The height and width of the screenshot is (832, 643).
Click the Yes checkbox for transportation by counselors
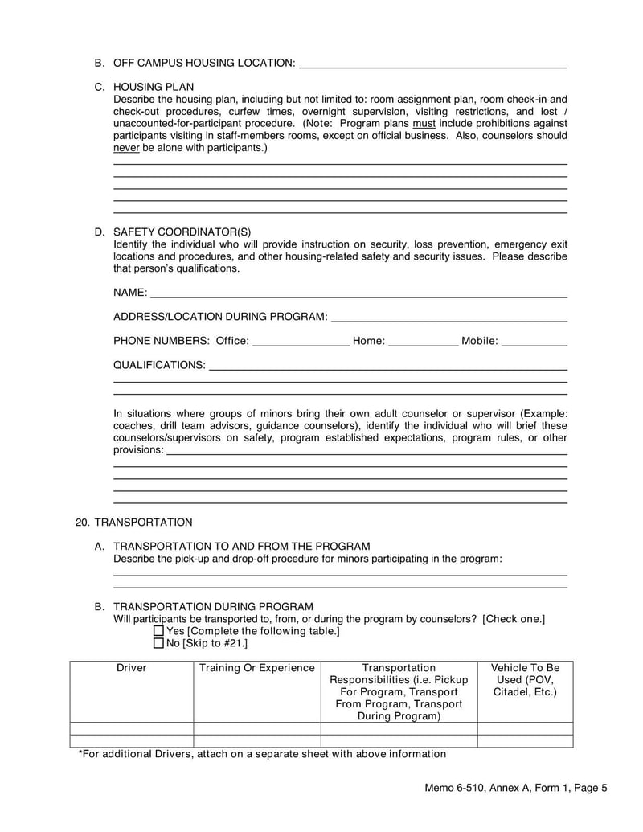(x=158, y=631)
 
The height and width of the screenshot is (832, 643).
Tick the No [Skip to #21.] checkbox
(x=158, y=643)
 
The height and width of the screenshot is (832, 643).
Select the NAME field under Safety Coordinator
(x=358, y=292)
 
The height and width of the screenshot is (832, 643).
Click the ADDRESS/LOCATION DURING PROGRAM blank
(x=448, y=317)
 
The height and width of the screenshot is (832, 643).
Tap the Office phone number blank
(x=301, y=342)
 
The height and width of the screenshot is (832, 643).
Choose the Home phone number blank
(x=422, y=342)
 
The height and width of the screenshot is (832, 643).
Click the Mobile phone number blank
(x=534, y=342)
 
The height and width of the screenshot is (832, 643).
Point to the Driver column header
(x=132, y=668)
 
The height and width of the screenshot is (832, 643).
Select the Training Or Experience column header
(x=256, y=668)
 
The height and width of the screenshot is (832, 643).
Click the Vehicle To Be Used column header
(x=525, y=680)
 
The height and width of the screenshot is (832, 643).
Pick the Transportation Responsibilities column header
(x=399, y=691)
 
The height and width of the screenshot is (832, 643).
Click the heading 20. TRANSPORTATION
(x=133, y=522)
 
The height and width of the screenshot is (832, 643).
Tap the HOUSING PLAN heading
(x=153, y=87)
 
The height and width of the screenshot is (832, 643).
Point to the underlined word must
(x=424, y=124)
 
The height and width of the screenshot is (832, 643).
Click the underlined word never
(x=126, y=149)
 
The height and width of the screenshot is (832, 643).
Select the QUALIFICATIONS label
(x=159, y=365)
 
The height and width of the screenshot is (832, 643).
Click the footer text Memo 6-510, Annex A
(x=516, y=789)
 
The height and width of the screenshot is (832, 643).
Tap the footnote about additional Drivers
(x=262, y=754)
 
